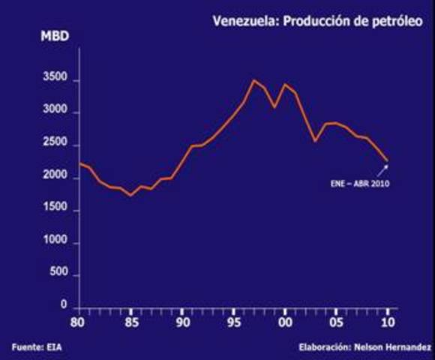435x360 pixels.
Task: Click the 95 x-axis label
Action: point(233,322)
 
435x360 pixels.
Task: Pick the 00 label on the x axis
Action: point(285,322)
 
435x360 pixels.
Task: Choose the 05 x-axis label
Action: point(337,322)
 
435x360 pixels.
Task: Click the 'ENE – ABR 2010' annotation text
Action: point(361,183)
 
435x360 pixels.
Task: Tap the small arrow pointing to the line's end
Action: point(382,170)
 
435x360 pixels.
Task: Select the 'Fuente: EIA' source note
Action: point(31,346)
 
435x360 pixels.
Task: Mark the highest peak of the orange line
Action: point(253,80)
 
